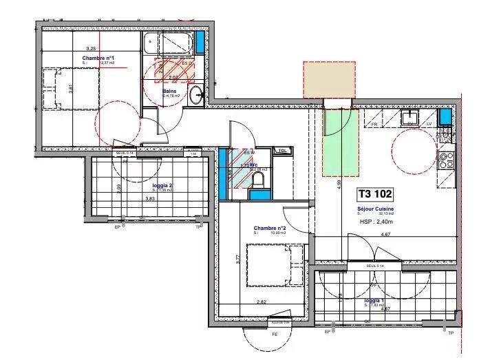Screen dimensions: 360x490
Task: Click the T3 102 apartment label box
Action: [377, 195]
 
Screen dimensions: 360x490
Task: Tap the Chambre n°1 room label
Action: [98, 58]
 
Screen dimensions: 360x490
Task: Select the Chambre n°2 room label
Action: [269, 228]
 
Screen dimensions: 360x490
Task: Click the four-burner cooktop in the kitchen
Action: [445, 160]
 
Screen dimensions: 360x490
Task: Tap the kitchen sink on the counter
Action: [412, 116]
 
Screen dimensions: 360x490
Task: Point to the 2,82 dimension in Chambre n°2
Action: [262, 301]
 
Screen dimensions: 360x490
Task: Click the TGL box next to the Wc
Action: [281, 151]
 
